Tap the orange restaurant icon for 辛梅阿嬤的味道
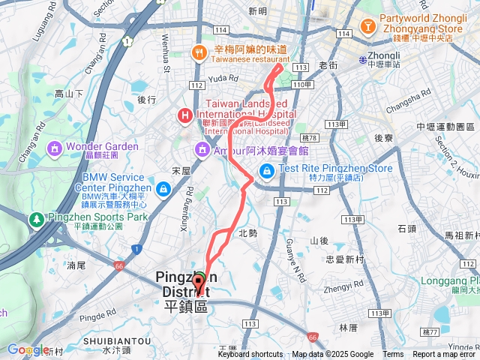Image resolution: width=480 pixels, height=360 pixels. [x=199, y=52]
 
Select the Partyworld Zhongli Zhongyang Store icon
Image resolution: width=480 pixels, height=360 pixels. [x=368, y=27]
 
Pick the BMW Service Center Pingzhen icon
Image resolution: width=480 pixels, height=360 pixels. [x=164, y=188]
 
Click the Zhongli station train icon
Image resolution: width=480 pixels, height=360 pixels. [x=362, y=59]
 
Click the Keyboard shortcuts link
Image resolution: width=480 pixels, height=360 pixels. [x=250, y=355]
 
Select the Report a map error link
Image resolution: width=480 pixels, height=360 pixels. [x=445, y=355]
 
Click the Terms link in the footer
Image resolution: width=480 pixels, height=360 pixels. [x=393, y=355]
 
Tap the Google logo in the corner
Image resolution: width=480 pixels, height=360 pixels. [x=27, y=349]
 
